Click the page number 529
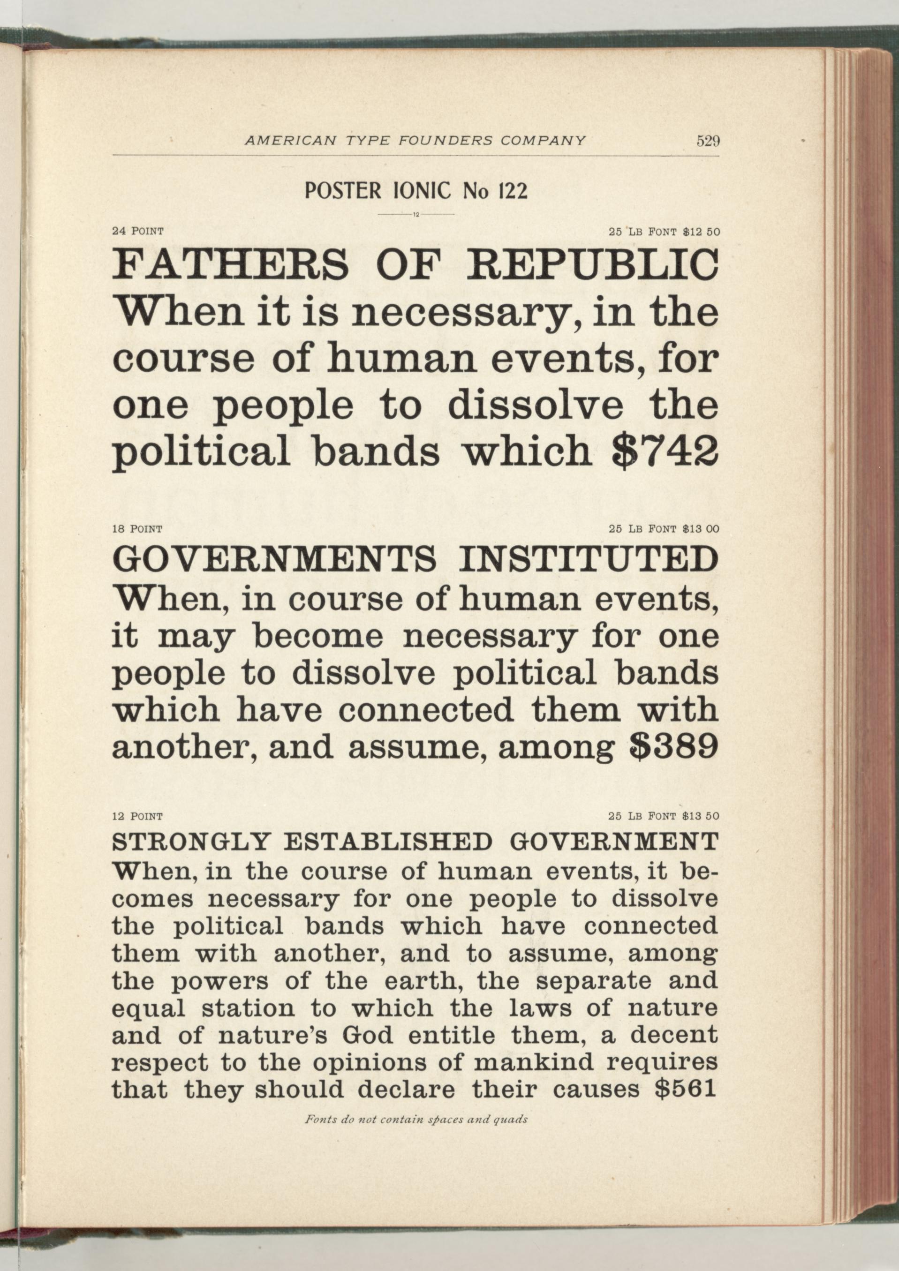(x=708, y=141)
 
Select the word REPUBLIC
(x=593, y=266)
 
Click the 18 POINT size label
(x=137, y=529)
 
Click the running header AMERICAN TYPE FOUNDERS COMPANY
(x=415, y=141)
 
